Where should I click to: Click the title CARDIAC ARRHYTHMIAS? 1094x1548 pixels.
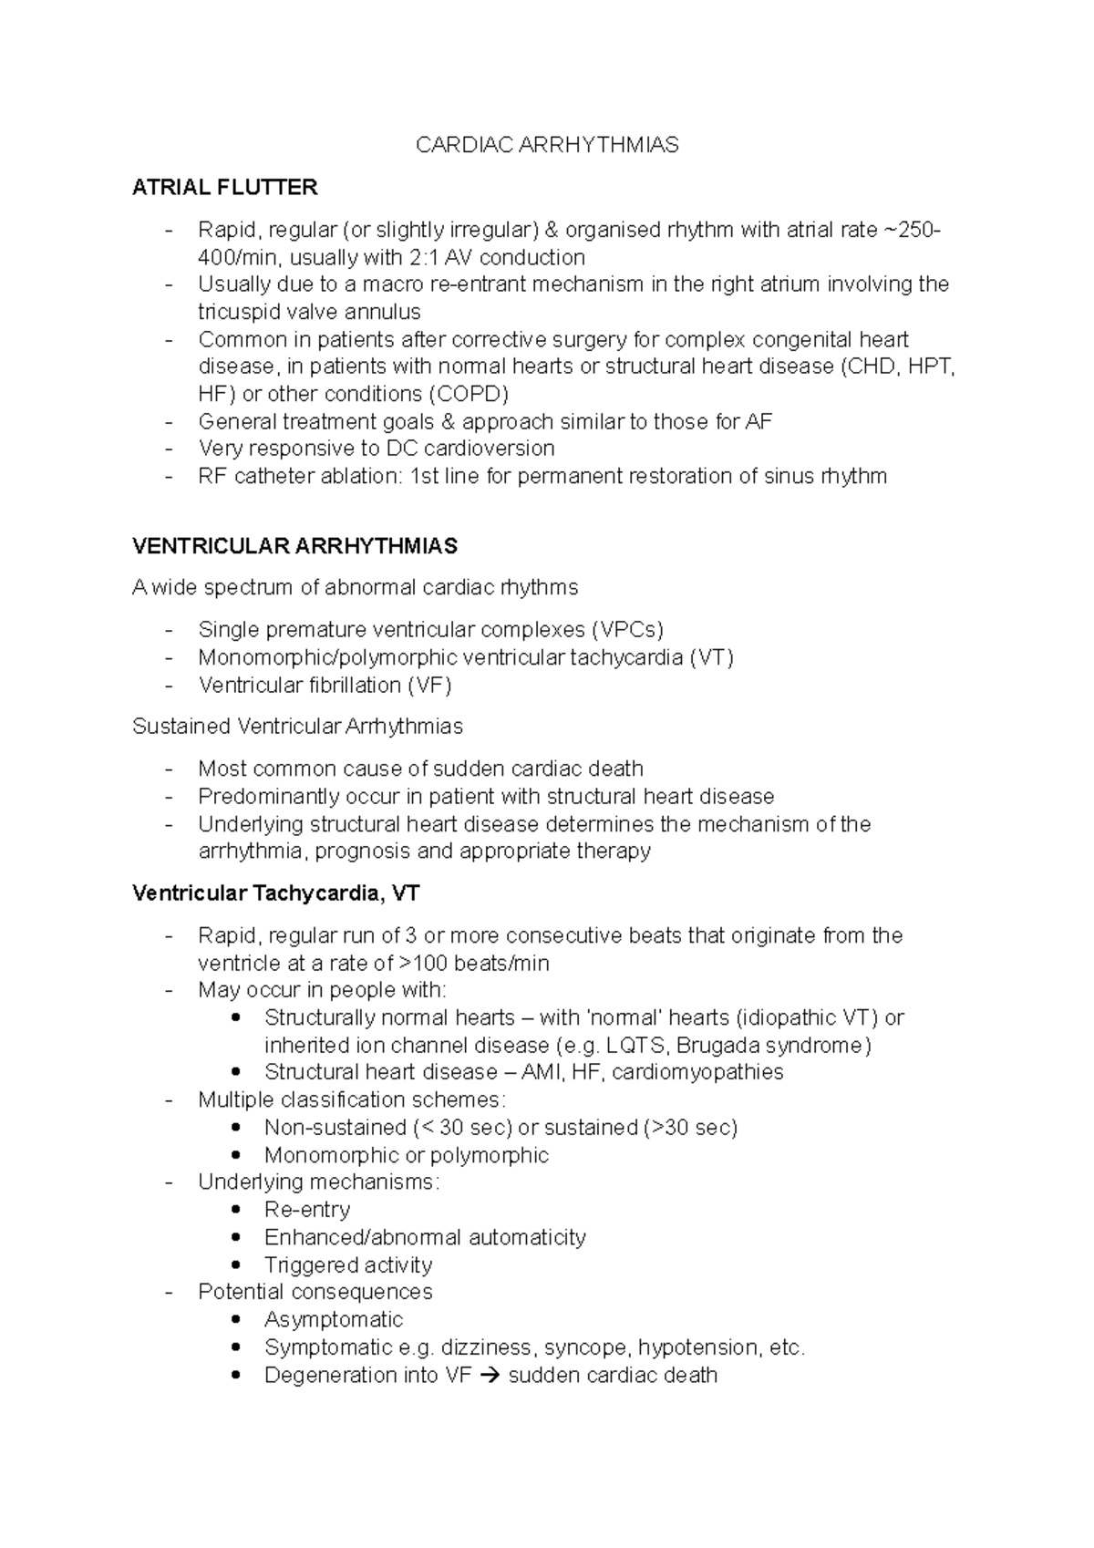(547, 145)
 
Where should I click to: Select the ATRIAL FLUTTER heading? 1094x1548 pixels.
(224, 188)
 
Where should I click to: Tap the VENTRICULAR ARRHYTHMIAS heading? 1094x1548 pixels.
(294, 546)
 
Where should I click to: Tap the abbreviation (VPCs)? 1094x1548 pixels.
(627, 630)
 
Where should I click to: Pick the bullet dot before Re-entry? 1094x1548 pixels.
(237, 1210)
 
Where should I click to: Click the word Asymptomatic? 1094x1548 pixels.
(333, 1320)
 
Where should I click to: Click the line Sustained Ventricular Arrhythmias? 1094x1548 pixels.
(297, 727)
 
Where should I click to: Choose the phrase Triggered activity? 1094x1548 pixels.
(347, 1265)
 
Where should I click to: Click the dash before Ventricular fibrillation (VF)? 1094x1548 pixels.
(168, 686)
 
